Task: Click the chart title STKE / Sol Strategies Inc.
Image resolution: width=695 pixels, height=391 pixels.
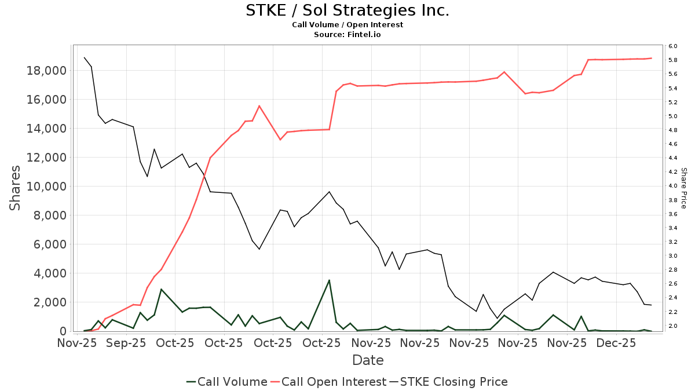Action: coord(348,10)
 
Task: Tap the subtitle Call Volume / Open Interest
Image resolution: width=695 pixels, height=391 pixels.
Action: coord(348,25)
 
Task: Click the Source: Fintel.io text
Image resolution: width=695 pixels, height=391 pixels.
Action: coord(348,35)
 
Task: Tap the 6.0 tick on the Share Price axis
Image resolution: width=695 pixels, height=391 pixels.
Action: coord(672,46)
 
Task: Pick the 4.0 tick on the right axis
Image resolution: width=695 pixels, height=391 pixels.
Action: coord(672,186)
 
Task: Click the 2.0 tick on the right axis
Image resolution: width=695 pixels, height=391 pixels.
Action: coord(672,326)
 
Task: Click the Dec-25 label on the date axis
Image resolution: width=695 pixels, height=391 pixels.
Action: coord(616,344)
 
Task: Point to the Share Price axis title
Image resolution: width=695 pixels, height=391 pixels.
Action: coord(684,188)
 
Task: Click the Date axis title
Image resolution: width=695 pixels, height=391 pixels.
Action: coord(368,360)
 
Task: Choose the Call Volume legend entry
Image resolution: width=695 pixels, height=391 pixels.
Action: coord(226,382)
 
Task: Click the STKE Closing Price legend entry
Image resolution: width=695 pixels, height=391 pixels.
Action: coord(448,382)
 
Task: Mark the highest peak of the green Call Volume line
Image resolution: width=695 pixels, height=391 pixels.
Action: coord(329,280)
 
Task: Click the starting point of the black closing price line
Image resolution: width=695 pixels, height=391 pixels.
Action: coord(85,57)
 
